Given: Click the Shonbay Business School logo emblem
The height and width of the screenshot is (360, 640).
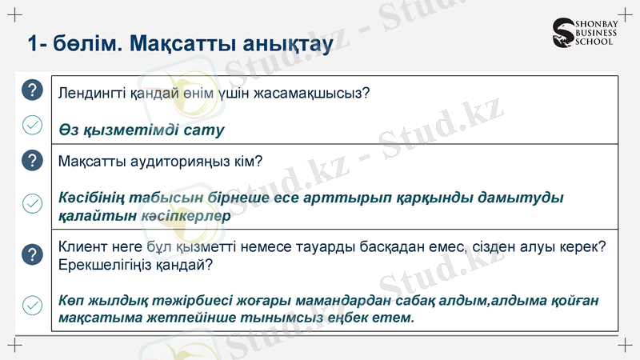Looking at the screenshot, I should click(563, 33).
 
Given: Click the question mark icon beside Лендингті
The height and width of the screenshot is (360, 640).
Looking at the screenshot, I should click(31, 90).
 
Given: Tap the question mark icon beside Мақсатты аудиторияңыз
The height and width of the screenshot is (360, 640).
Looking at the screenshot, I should click(31, 160).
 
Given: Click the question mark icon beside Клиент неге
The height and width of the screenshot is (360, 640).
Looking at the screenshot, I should click(31, 254).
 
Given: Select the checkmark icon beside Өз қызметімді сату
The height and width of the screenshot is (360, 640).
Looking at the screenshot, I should click(31, 126).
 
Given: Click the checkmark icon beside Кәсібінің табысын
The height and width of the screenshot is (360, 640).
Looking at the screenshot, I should click(31, 204).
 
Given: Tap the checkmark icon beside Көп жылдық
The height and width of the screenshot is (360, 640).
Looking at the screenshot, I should click(31, 306).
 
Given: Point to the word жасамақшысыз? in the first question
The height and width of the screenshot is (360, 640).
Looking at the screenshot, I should click(316, 93).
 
